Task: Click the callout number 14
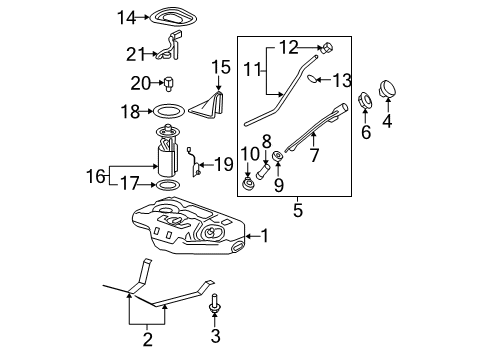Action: click(x=125, y=17)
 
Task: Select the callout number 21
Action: click(x=135, y=53)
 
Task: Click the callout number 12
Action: click(x=287, y=47)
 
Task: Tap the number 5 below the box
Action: click(x=297, y=211)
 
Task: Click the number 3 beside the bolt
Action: click(x=215, y=336)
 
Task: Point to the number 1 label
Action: click(x=265, y=236)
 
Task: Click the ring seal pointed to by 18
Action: click(x=170, y=113)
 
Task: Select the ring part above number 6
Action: click(x=365, y=101)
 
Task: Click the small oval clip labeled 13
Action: click(x=313, y=78)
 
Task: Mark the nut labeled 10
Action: click(x=248, y=185)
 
